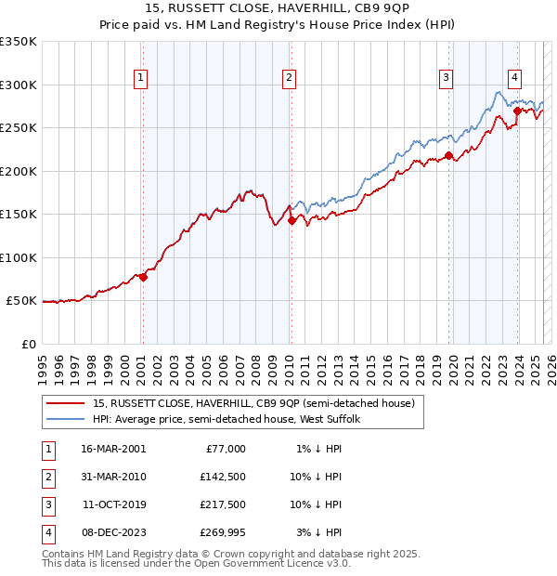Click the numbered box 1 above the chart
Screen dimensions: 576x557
[x=140, y=78]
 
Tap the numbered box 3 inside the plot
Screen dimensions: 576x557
[x=447, y=78]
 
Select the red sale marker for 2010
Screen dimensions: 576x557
[x=291, y=221]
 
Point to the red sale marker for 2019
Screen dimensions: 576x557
[x=448, y=156]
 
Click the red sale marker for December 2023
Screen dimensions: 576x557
[x=517, y=111]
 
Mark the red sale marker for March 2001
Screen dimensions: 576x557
[x=143, y=277]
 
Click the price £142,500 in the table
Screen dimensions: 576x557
[x=224, y=477]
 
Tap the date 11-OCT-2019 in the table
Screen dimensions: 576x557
[x=113, y=504]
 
